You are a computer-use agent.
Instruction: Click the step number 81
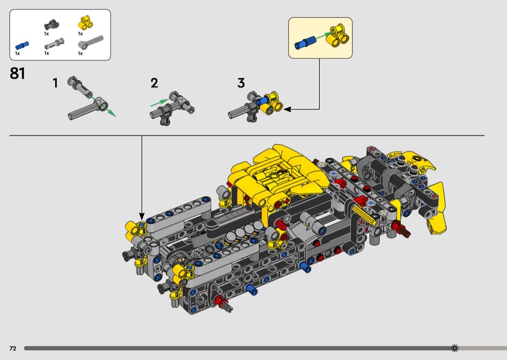[x=17, y=73]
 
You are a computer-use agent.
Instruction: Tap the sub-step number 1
[x=56, y=83]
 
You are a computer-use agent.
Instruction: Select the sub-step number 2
[x=154, y=83]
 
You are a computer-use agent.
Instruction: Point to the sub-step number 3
[x=241, y=83]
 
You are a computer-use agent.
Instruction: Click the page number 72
[x=13, y=348]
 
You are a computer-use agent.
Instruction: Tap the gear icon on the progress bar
[x=454, y=348]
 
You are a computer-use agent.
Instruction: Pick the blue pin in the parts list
[x=22, y=45]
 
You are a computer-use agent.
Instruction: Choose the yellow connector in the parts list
[x=85, y=22]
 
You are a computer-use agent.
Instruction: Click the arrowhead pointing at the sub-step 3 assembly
[x=287, y=110]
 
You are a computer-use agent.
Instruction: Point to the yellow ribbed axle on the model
[x=366, y=214]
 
